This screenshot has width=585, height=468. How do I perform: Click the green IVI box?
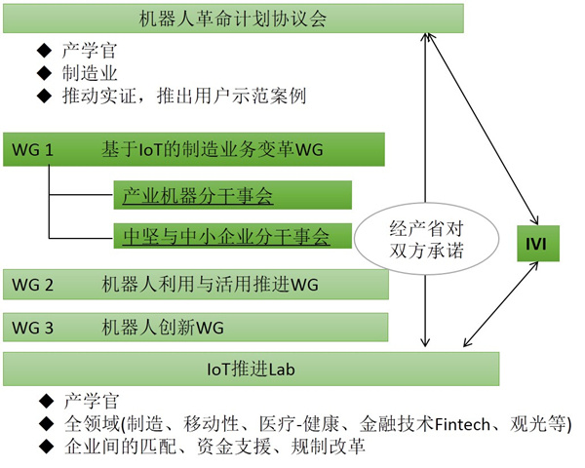540,242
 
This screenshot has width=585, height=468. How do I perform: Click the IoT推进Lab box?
252,369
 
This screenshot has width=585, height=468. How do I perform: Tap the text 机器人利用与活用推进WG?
210,285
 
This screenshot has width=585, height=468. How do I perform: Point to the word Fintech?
457,424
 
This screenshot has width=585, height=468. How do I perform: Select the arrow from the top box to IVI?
484,122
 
